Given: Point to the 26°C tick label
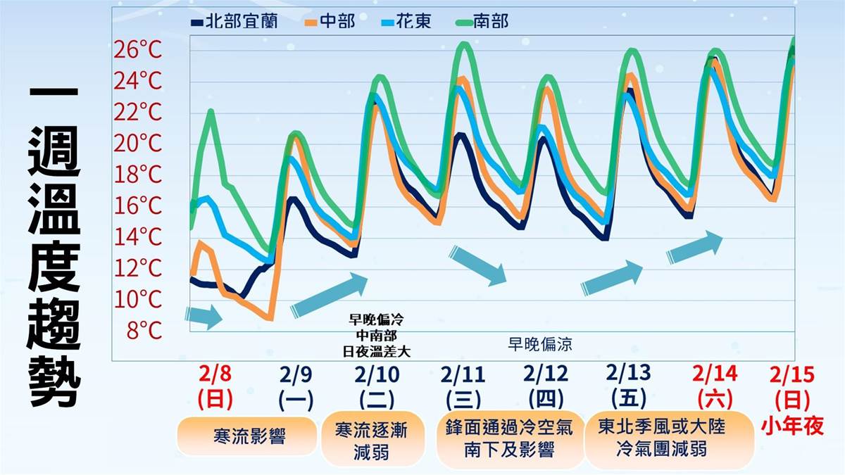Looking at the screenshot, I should point(138,50).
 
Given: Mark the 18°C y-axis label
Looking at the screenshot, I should point(138,174).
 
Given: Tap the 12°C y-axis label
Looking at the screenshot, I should point(138,267).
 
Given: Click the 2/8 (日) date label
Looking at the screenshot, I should point(215,386).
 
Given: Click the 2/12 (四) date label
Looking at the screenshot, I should point(546,386).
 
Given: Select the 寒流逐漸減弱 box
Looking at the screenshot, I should point(373,440).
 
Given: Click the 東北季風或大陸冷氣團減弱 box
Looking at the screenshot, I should point(660,438).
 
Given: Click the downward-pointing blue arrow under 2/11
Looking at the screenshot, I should point(479,265).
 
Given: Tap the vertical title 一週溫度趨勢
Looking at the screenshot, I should point(55,246).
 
